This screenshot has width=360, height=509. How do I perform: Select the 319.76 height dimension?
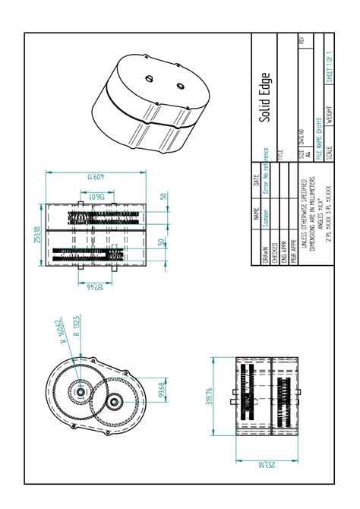(x=210, y=397)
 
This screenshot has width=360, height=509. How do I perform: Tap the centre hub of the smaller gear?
(x=114, y=400)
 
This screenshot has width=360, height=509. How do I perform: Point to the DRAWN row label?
(x=265, y=253)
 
